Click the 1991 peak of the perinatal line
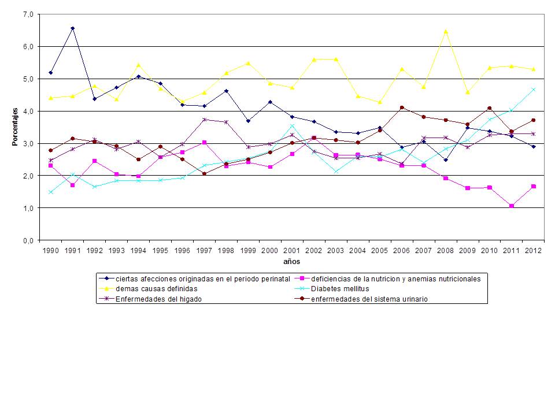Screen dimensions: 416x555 (72, 28)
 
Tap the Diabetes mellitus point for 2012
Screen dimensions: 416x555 (534, 90)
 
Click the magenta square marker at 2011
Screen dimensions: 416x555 (512, 206)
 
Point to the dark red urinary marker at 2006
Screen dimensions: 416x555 (402, 107)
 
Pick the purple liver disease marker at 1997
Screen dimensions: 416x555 (204, 120)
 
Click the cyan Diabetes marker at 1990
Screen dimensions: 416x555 (50, 192)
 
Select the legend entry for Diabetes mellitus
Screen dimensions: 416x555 (341, 288)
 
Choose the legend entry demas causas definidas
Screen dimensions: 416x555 (156, 288)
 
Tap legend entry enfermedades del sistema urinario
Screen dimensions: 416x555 (369, 299)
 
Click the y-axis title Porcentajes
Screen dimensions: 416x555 (16, 127)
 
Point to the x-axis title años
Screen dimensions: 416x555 (291, 262)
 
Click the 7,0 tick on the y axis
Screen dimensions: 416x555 (28, 14)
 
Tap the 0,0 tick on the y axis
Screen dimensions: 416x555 (28, 240)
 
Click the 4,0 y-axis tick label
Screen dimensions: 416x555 (28, 111)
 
